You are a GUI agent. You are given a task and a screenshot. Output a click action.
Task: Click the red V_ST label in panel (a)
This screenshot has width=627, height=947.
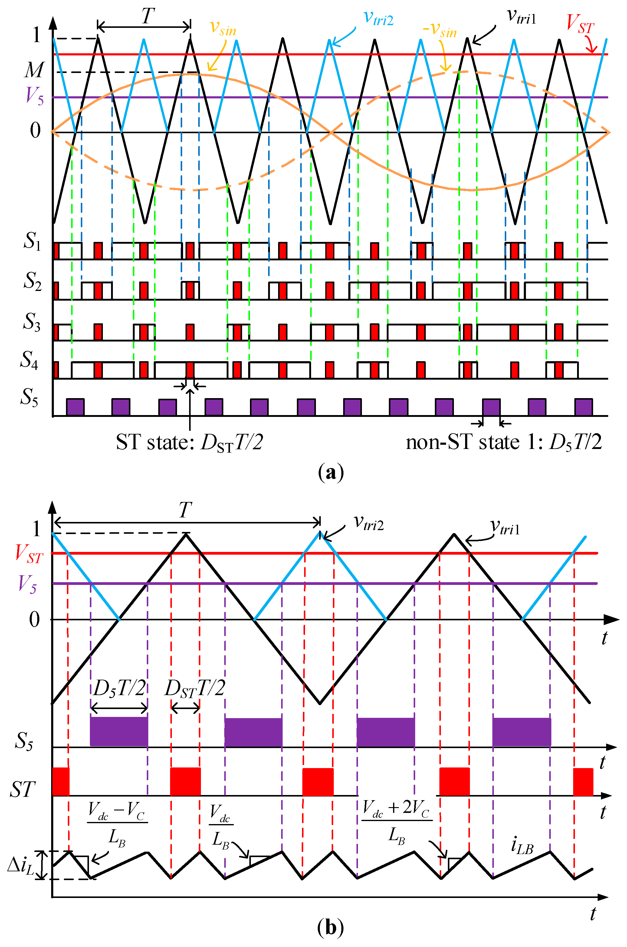[580, 24]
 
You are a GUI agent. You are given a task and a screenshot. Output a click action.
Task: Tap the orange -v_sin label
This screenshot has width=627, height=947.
[440, 30]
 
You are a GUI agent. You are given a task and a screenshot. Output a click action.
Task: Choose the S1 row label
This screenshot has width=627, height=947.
[32, 241]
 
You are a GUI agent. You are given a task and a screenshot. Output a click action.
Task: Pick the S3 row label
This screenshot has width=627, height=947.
[31, 322]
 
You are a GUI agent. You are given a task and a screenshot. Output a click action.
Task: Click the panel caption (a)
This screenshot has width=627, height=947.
[331, 473]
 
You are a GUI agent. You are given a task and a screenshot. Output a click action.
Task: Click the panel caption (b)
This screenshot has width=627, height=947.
[331, 927]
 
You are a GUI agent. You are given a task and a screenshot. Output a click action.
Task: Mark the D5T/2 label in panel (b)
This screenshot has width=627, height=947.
[119, 688]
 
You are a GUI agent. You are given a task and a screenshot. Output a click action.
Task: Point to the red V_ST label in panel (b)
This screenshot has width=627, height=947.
[29, 554]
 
